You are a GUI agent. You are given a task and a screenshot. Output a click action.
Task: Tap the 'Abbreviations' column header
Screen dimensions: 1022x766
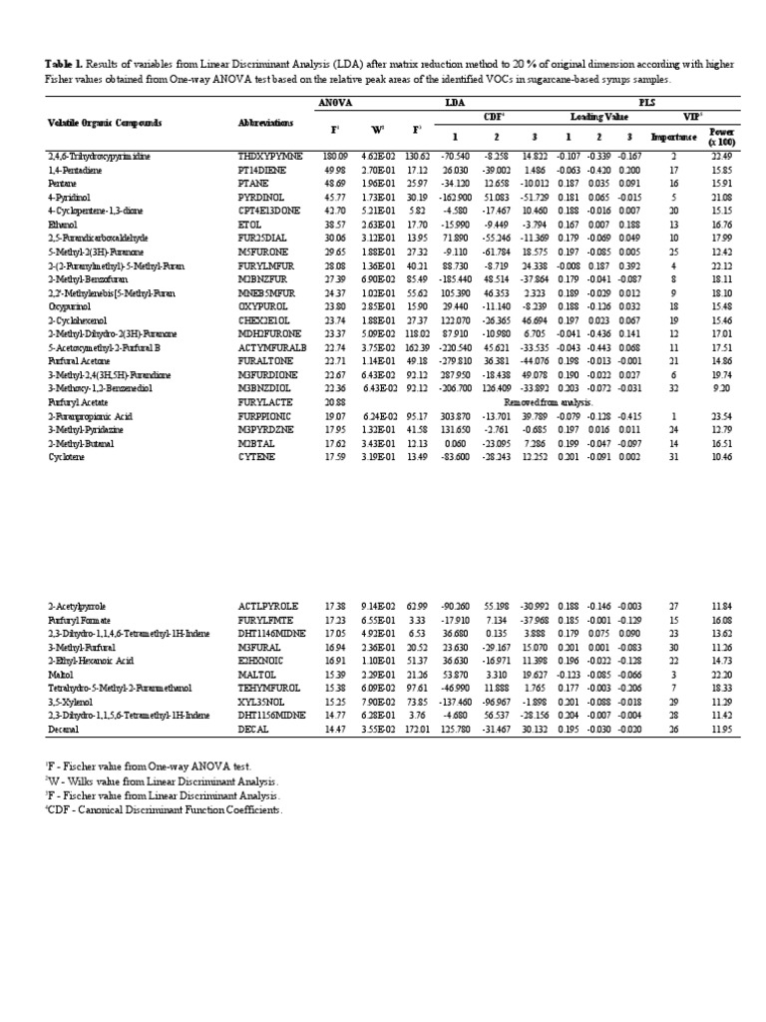265,124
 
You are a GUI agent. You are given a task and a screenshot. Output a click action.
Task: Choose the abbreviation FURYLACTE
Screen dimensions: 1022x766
261,399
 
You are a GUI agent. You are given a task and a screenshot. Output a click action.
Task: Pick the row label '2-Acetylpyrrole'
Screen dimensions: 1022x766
77,605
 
